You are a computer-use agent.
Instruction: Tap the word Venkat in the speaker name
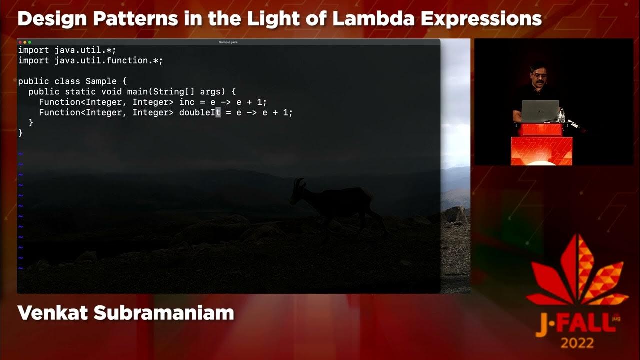click(52, 313)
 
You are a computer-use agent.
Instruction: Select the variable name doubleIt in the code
click(200, 112)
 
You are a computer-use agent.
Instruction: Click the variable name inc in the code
click(187, 102)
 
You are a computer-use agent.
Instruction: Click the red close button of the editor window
click(20, 42)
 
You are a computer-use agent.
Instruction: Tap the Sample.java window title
click(228, 42)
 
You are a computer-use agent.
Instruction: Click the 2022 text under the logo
click(577, 343)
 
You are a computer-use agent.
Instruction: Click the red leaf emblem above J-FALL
click(578, 272)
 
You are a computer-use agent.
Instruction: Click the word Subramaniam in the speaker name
click(164, 313)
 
